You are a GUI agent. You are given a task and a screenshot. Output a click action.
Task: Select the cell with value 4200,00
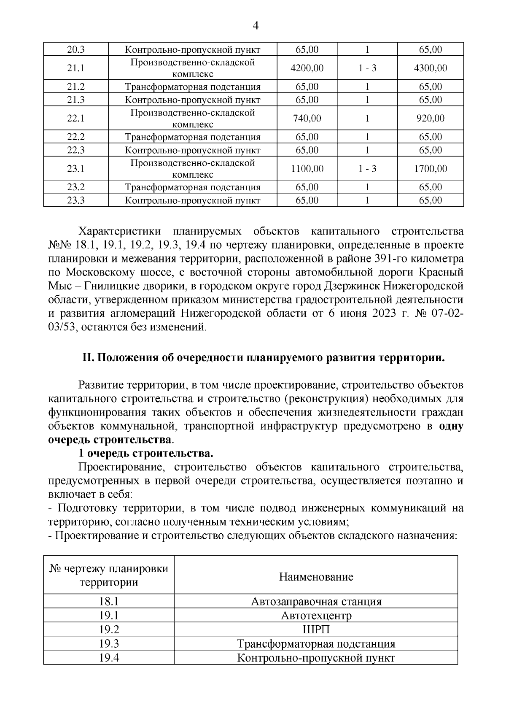[x=307, y=68]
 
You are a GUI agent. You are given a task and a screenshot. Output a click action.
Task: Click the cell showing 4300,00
[x=430, y=68]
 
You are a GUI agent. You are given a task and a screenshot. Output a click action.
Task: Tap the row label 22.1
[x=76, y=119]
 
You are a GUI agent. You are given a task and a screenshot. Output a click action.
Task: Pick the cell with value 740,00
[x=307, y=119]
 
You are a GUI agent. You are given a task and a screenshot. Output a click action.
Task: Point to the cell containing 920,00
[x=430, y=119]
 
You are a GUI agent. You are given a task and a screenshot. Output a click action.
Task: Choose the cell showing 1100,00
[x=307, y=169]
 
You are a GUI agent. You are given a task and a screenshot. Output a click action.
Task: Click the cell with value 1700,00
[x=430, y=169]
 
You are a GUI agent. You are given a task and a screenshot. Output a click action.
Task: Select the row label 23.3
[x=76, y=200]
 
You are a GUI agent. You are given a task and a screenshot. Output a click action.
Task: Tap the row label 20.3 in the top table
[x=76, y=49]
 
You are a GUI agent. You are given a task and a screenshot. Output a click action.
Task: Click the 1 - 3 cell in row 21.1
[x=367, y=68]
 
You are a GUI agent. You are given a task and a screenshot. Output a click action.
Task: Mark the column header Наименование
[x=316, y=577]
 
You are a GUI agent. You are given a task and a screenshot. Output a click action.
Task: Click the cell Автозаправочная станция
[x=316, y=601]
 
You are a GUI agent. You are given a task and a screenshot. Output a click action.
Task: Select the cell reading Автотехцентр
[x=316, y=616]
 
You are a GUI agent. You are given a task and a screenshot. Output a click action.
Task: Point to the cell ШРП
[x=316, y=630]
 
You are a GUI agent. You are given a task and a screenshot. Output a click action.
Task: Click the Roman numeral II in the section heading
[x=88, y=358]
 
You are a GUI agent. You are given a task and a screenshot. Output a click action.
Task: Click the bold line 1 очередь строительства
[x=145, y=454]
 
